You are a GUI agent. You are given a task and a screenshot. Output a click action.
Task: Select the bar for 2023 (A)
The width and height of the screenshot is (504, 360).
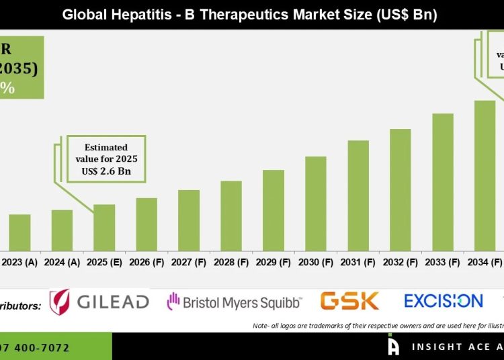(19, 232)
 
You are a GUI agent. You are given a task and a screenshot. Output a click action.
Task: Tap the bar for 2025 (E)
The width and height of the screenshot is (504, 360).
(104, 227)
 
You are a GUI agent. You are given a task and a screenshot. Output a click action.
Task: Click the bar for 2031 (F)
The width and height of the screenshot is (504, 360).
(358, 195)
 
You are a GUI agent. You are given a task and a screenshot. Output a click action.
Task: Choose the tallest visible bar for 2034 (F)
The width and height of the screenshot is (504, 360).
(485, 175)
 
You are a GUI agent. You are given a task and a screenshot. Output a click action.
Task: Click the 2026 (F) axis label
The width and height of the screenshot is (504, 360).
(146, 261)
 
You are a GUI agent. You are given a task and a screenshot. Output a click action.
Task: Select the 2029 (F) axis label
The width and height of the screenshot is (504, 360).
(274, 261)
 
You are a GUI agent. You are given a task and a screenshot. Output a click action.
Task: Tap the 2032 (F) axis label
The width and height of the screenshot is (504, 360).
(401, 261)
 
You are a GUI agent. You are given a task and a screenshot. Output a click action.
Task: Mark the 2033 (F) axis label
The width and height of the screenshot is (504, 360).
(443, 261)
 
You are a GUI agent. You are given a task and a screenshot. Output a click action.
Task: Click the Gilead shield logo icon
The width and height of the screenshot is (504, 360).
(60, 302)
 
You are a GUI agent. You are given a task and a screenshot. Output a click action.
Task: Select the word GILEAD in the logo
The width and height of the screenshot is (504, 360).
(113, 302)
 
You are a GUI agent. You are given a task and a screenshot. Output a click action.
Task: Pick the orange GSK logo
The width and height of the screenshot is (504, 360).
(349, 300)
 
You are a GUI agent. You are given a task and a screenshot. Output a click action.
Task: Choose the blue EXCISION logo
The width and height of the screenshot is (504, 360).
(444, 300)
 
